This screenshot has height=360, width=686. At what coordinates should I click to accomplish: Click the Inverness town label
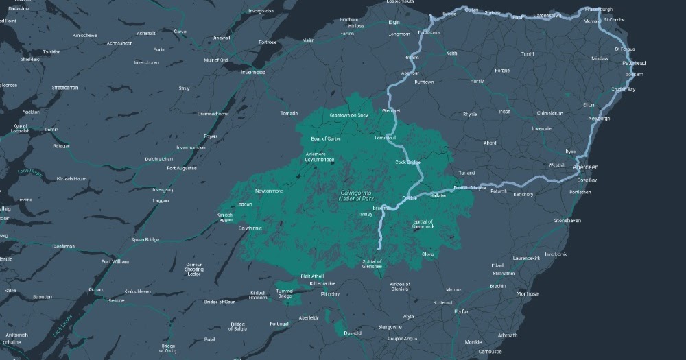pyautogui.click(x=252, y=72)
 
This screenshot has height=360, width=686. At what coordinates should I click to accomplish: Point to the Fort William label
pyautogui.click(x=115, y=261)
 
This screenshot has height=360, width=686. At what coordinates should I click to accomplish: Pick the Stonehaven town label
pyautogui.click(x=567, y=221)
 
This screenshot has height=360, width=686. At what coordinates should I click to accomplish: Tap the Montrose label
pyautogui.click(x=527, y=293)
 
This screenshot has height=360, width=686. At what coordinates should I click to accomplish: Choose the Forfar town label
pyautogui.click(x=461, y=312)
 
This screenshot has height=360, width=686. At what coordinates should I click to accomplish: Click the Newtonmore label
pyautogui.click(x=269, y=191)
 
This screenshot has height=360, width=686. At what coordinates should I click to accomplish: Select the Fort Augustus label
pyautogui.click(x=182, y=168)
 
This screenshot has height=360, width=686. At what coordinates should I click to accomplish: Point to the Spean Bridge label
pyautogui.click(x=145, y=239)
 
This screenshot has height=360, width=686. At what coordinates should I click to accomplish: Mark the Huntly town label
pyautogui.click(x=477, y=82)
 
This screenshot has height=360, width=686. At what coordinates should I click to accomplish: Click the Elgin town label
pyautogui.click(x=394, y=23)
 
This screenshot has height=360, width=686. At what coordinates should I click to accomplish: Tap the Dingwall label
pyautogui.click(x=221, y=37)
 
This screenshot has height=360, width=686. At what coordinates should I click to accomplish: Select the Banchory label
pyautogui.click(x=523, y=194)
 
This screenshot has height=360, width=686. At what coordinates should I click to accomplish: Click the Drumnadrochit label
pyautogui.click(x=212, y=114)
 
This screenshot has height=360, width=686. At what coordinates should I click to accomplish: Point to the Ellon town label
pyautogui.click(x=588, y=105)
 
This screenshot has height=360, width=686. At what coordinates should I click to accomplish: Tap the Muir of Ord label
pyautogui.click(x=214, y=60)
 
